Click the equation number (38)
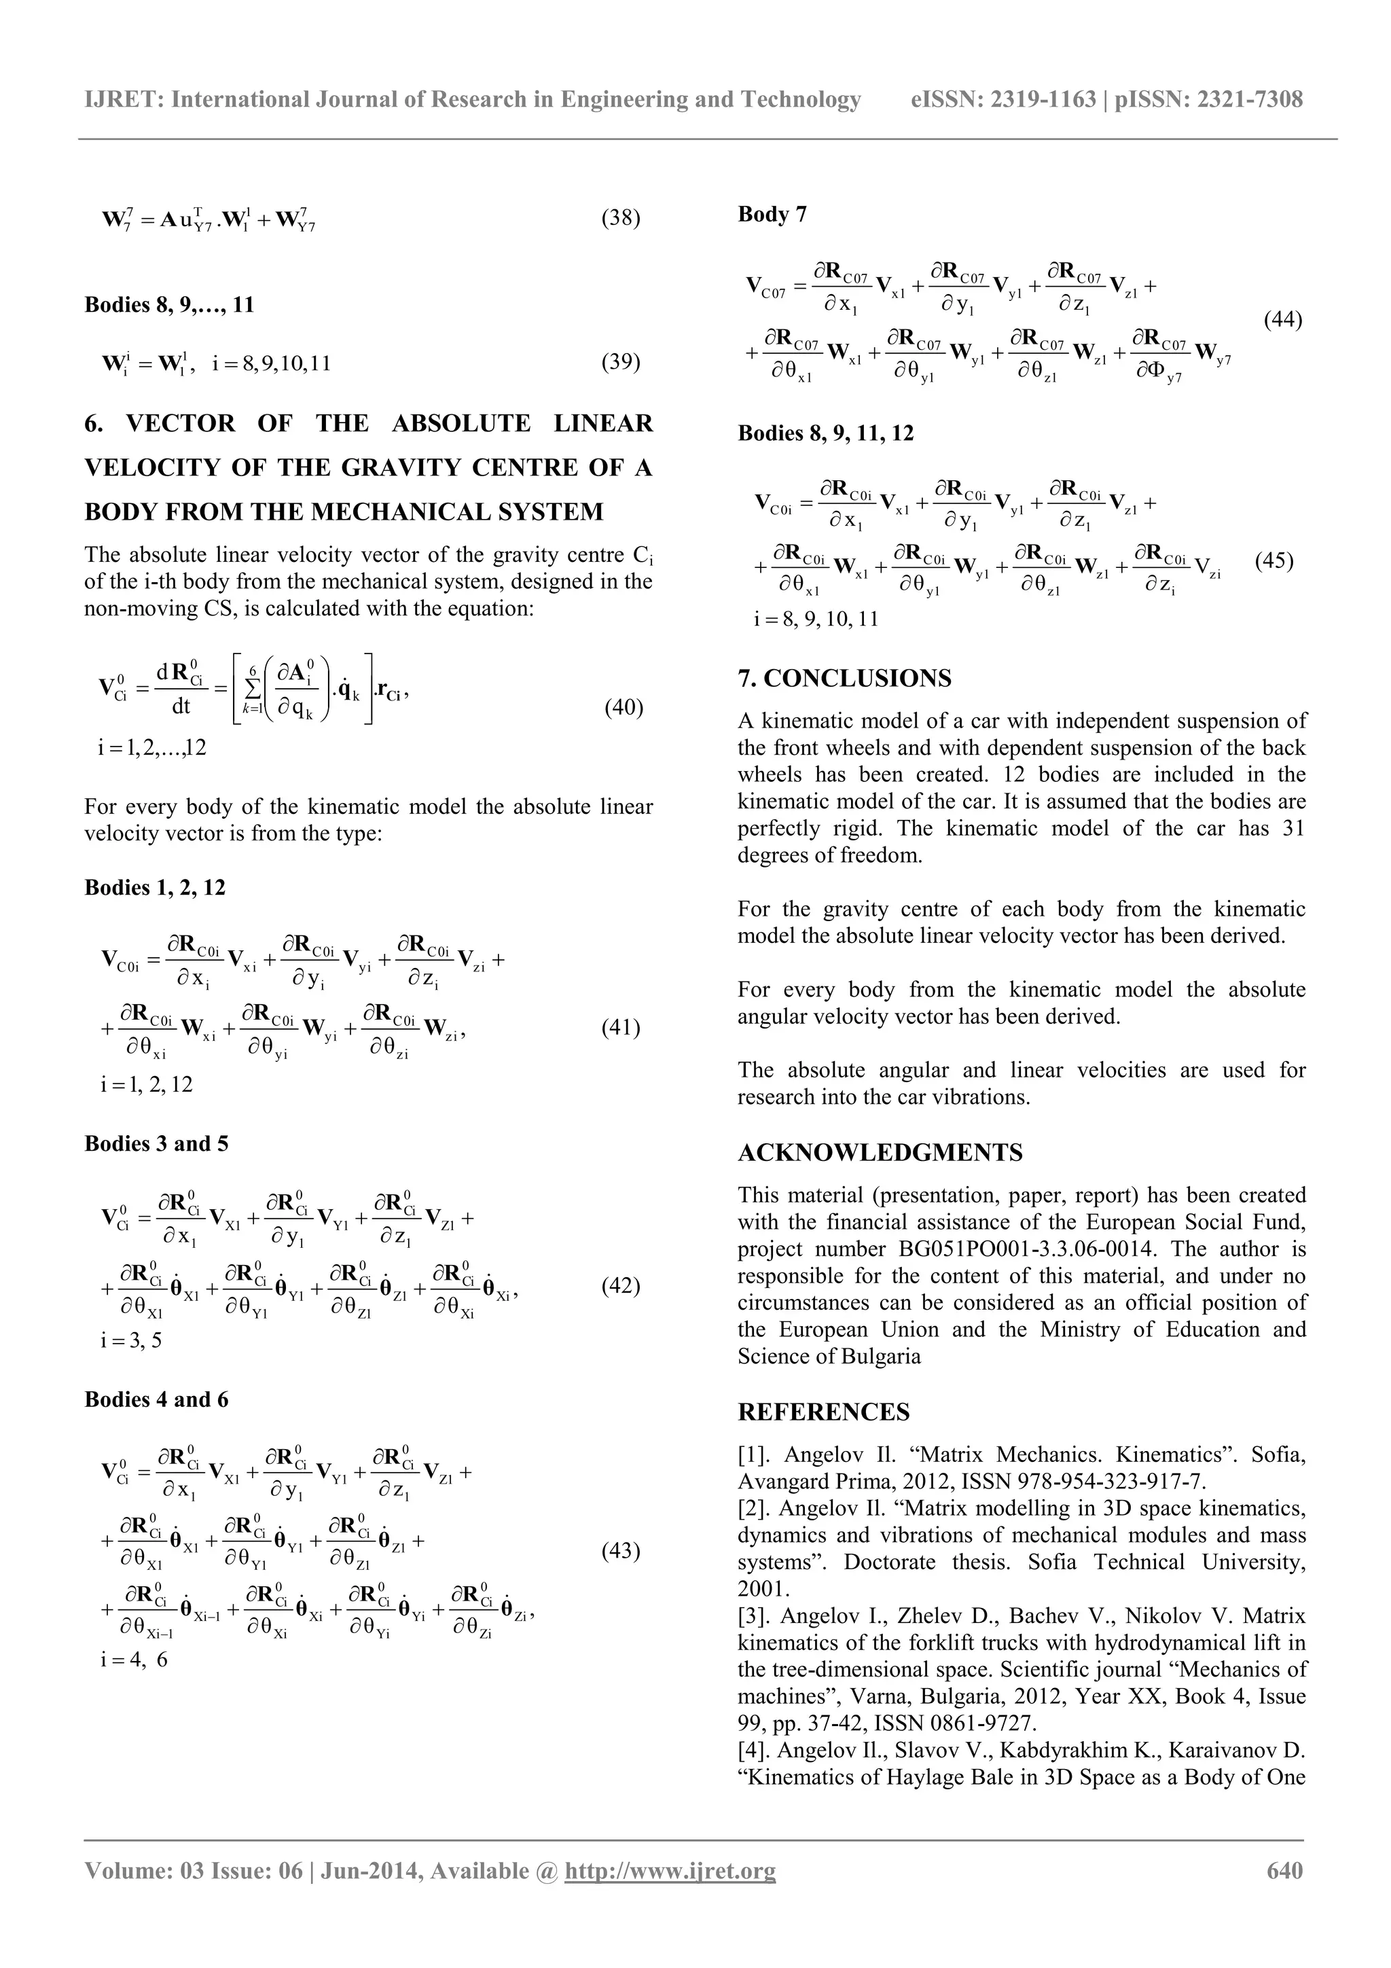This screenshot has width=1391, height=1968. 621,217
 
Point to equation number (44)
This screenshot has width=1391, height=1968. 1283,320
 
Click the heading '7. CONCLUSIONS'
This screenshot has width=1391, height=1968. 844,678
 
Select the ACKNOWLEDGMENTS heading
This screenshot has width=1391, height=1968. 880,1152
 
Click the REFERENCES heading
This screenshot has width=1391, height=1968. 824,1412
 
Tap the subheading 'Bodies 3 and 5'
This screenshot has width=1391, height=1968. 156,1143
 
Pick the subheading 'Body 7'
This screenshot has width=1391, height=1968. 772,214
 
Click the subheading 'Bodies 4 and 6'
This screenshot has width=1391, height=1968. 156,1399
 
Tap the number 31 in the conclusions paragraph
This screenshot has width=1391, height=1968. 1292,828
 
